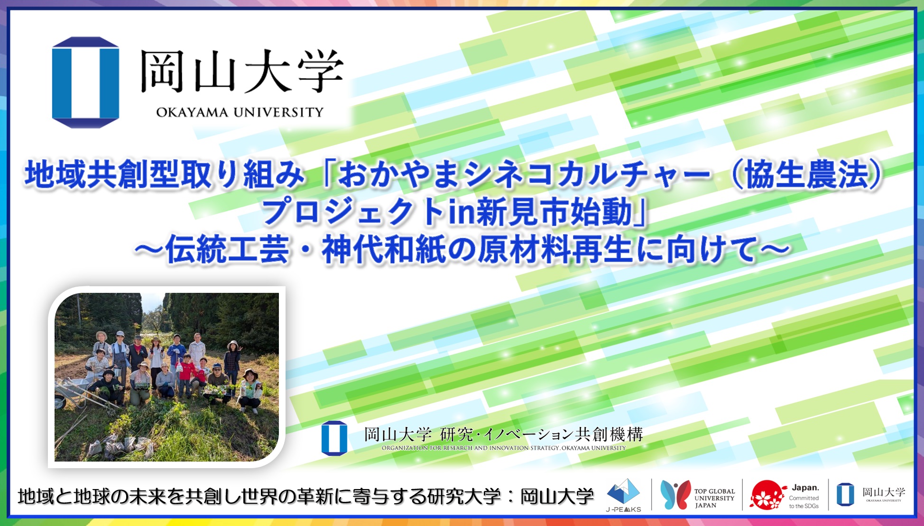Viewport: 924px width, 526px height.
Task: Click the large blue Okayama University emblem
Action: click(x=85, y=82)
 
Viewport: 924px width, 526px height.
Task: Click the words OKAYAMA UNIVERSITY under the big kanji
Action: click(x=240, y=112)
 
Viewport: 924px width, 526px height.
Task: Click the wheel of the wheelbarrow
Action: click(x=60, y=402)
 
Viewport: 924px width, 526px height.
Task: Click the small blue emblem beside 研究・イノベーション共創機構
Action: click(x=334, y=438)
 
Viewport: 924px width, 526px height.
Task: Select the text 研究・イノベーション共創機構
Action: click(x=541, y=434)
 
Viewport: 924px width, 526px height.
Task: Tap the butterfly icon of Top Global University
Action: click(x=675, y=495)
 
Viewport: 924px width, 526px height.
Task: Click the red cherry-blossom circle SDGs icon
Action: click(x=767, y=495)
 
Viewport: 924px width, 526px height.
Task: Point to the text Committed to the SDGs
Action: click(x=804, y=502)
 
